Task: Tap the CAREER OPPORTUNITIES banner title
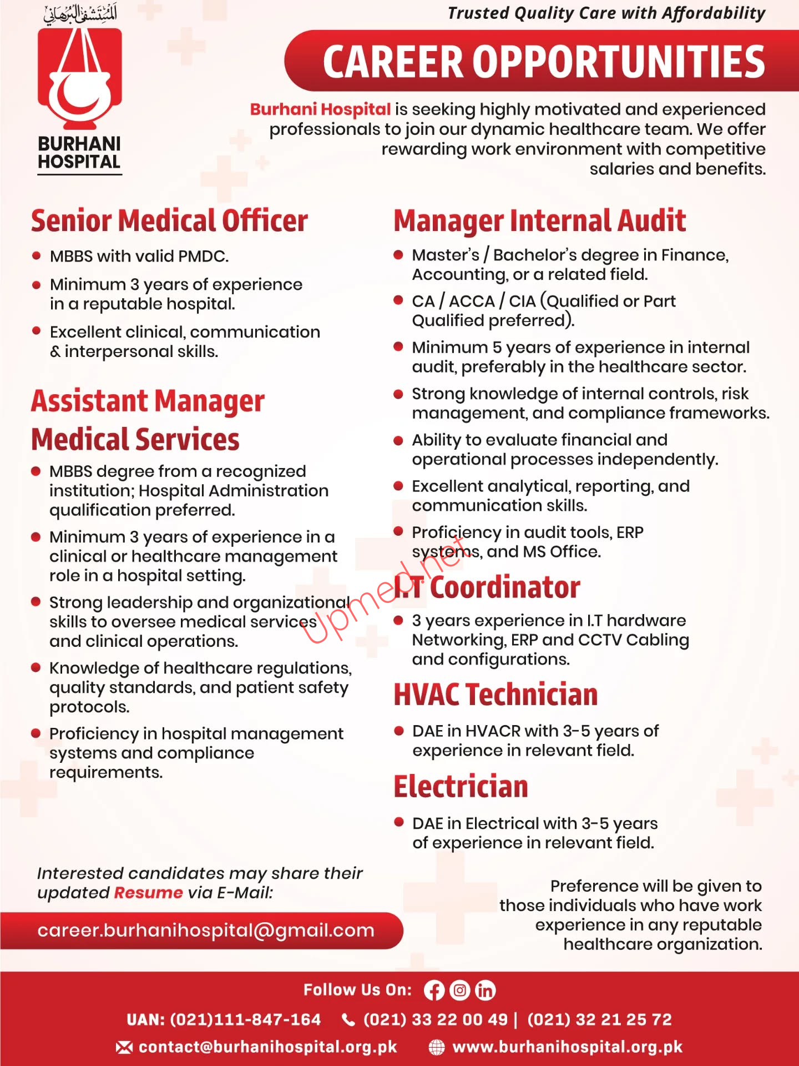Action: (x=543, y=62)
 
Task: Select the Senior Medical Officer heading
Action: (x=169, y=220)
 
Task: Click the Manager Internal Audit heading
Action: (x=539, y=220)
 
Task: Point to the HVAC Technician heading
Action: (x=495, y=695)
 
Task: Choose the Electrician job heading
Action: (x=461, y=787)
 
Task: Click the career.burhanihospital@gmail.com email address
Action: (x=206, y=931)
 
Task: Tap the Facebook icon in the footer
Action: (x=434, y=990)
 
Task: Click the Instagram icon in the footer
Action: (x=459, y=990)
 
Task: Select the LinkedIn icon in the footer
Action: (x=485, y=990)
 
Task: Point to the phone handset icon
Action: (x=348, y=1020)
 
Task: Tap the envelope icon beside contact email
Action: (x=124, y=1047)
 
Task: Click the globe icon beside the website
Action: (x=437, y=1047)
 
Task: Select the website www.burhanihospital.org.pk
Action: (x=567, y=1047)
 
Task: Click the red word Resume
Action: (x=148, y=893)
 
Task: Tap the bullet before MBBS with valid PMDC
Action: (x=37, y=256)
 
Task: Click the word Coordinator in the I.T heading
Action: (x=505, y=587)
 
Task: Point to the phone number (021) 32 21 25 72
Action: (x=599, y=1020)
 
